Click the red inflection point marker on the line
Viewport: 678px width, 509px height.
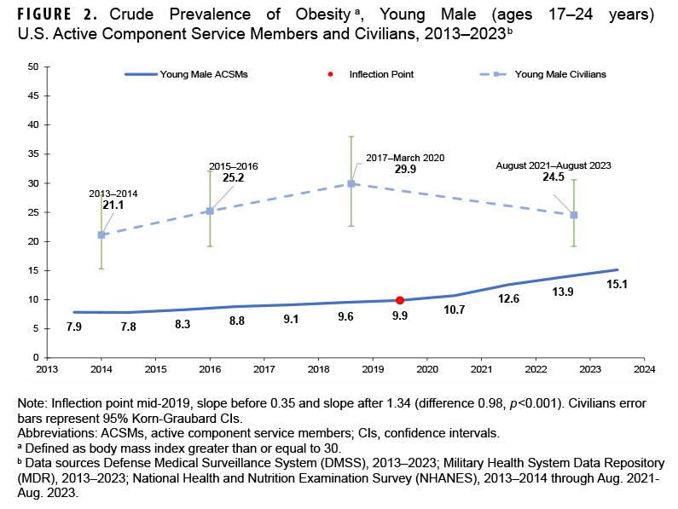point(399,300)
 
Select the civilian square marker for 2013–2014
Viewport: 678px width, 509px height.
point(101,234)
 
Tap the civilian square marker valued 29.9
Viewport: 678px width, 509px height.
point(351,183)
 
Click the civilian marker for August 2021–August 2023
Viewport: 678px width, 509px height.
point(574,215)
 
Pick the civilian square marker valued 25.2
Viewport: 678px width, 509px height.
point(210,211)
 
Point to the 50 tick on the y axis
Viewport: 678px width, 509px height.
point(32,67)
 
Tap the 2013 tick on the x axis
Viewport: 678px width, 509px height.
point(47,369)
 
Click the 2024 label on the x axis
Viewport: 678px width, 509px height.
point(644,369)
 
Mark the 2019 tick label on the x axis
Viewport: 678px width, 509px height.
point(373,369)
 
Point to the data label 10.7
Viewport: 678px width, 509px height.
point(454,310)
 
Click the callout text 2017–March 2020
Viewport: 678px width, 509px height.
point(405,158)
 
